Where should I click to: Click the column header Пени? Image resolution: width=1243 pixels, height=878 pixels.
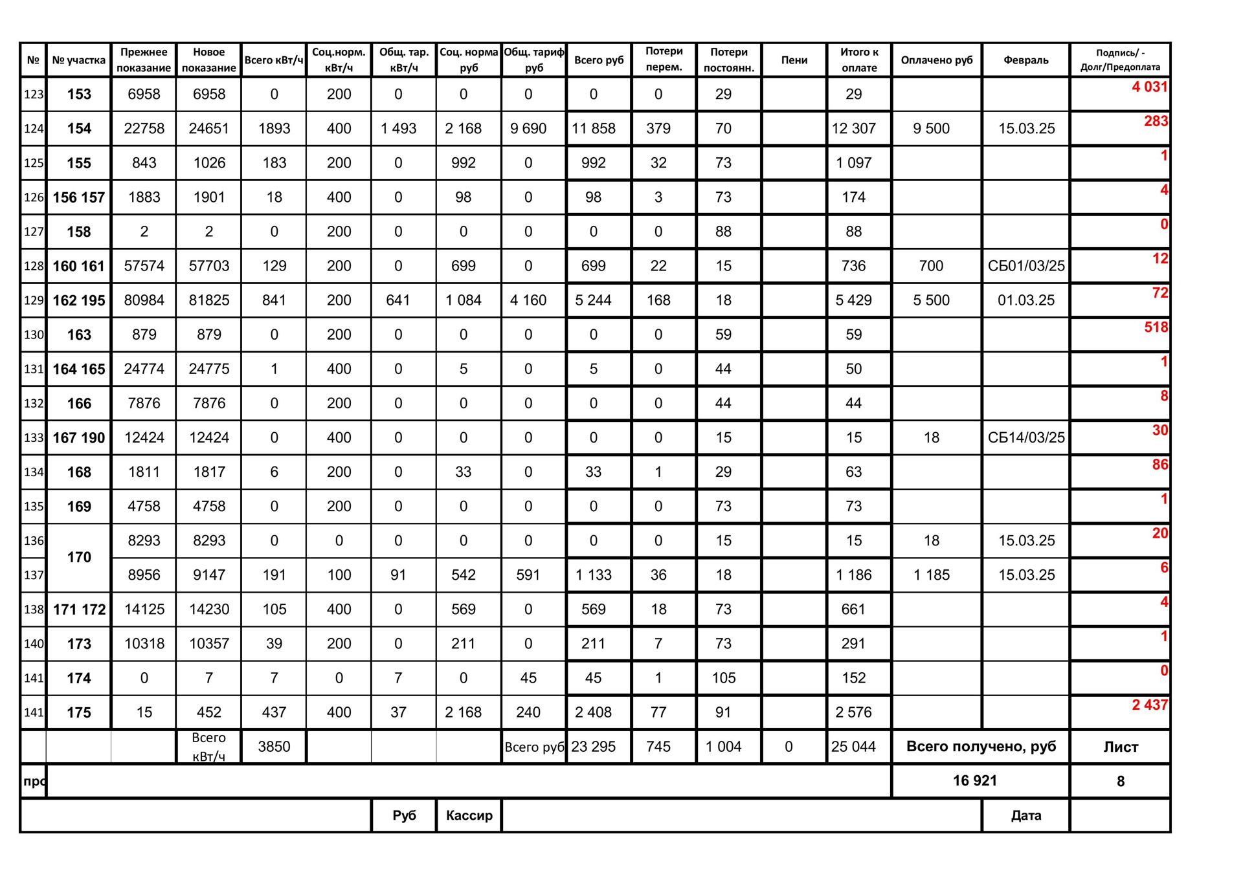(794, 60)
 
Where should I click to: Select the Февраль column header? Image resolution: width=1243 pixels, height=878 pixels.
(1025, 60)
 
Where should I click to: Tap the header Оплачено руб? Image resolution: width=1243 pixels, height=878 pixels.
(936, 60)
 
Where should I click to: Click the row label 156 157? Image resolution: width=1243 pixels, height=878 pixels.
(78, 197)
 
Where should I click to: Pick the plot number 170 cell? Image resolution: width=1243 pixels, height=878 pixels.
(79, 557)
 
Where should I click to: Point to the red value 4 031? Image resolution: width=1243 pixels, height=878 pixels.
(1149, 87)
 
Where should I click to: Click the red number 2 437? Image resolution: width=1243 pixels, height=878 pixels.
(1149, 705)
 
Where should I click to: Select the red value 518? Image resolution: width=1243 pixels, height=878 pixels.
(1156, 327)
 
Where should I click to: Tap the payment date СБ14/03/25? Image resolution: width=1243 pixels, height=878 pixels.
(1025, 437)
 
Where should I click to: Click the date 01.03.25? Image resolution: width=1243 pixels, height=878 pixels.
(1025, 300)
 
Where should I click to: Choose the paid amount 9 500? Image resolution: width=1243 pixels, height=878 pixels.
(931, 128)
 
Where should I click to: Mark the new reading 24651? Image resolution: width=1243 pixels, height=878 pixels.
(209, 128)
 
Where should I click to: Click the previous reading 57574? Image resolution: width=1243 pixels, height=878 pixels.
(144, 266)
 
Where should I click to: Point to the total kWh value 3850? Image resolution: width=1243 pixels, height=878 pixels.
(274, 747)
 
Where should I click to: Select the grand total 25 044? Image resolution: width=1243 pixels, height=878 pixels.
(853, 747)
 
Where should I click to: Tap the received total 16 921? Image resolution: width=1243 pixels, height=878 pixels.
(974, 781)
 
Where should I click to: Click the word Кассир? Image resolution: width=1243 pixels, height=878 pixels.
(469, 815)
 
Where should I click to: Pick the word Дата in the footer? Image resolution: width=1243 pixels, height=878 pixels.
(1025, 815)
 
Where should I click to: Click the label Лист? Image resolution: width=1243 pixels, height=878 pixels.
(1120, 747)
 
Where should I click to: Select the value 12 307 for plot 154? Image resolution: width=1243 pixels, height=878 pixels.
(853, 128)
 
